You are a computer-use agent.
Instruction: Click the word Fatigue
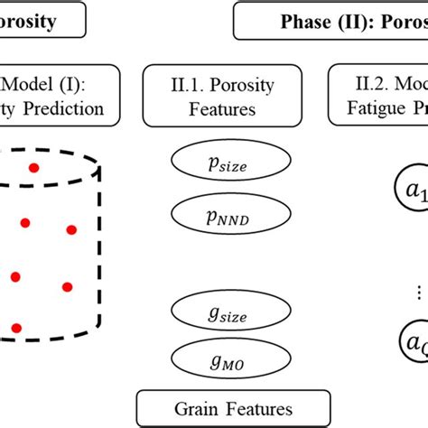click(369, 111)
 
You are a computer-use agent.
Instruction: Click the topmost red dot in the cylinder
click(33, 168)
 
